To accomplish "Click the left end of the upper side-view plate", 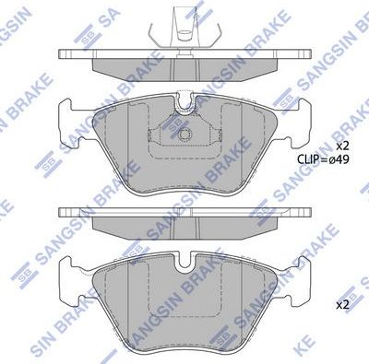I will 64,54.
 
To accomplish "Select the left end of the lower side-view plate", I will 64,211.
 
